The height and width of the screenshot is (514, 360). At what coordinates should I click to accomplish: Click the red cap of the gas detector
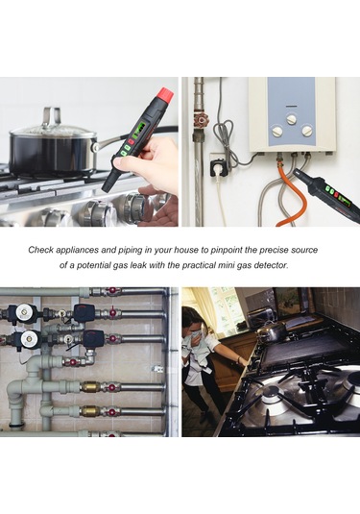tap(165, 95)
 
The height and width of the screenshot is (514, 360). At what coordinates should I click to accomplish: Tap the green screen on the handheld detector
tap(140, 129)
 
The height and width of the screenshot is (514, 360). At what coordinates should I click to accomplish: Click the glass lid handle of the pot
tap(52, 115)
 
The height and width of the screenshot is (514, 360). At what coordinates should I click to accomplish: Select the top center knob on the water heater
tap(292, 119)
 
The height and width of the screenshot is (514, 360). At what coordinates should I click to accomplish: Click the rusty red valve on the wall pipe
tap(201, 121)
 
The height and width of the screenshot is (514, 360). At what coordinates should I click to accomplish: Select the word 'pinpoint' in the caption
tap(226, 250)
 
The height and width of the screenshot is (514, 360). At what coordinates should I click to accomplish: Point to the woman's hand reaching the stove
tap(244, 362)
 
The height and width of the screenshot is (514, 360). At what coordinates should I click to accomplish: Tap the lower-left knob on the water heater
tap(277, 132)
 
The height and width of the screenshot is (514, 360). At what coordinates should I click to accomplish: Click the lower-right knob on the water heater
tap(307, 131)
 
